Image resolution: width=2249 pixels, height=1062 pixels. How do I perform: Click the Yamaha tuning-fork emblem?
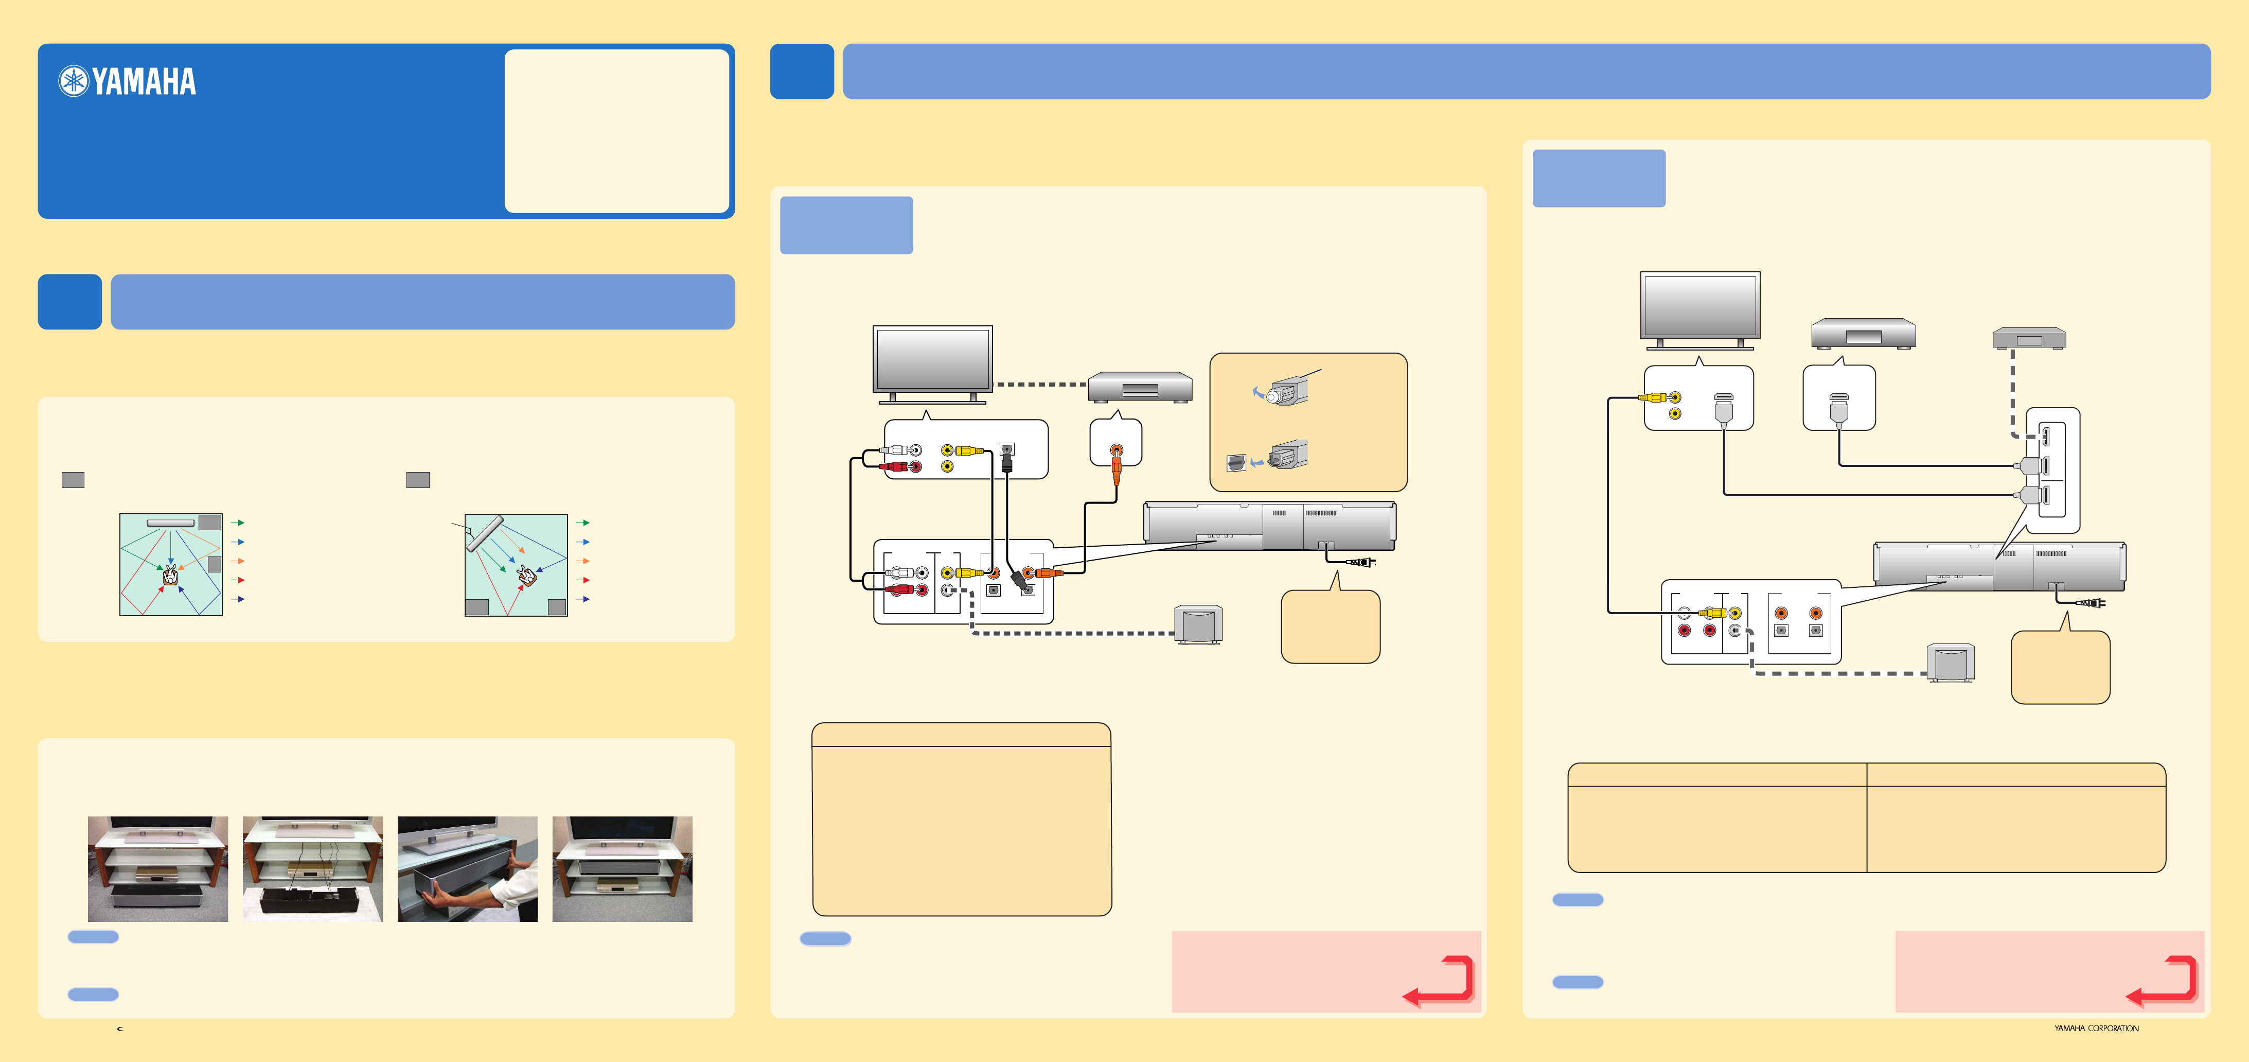74,81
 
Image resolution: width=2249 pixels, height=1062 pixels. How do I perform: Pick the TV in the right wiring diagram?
1700,307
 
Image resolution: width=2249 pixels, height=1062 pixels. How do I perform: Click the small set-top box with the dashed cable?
2028,338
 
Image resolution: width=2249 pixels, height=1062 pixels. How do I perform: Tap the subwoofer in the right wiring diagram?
1951,664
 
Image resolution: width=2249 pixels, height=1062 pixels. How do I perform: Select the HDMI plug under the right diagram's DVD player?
1838,409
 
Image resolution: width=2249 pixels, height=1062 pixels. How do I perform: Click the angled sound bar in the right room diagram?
485,533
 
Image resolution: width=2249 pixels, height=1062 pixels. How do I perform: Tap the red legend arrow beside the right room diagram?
583,580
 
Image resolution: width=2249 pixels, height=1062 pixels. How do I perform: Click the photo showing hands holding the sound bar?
467,869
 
